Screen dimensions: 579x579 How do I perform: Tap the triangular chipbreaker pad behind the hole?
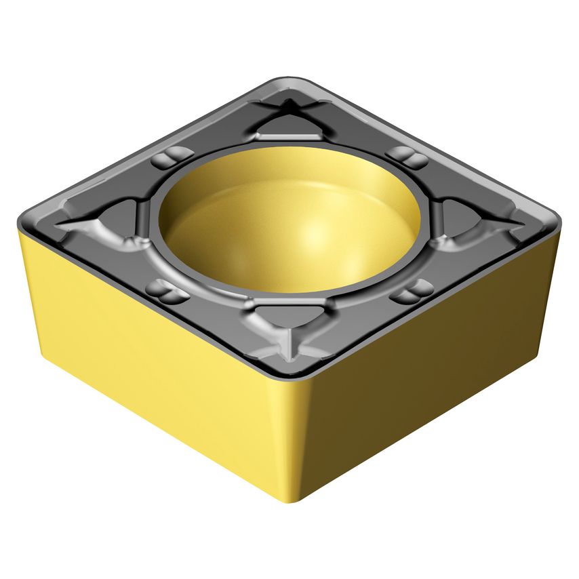285,126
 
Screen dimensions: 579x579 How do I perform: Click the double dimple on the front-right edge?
411,292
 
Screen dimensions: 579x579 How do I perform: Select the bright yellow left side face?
136,353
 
